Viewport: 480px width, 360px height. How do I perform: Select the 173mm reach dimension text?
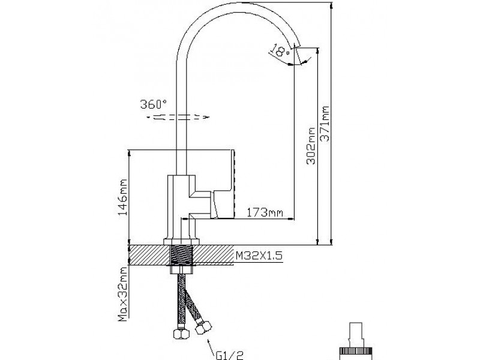click(265, 212)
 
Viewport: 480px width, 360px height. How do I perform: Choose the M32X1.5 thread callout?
click(259, 255)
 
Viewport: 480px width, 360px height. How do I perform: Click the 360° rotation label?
click(154, 103)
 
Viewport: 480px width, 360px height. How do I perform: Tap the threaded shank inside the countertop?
click(182, 255)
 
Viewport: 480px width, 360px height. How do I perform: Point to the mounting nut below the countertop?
click(182, 269)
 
